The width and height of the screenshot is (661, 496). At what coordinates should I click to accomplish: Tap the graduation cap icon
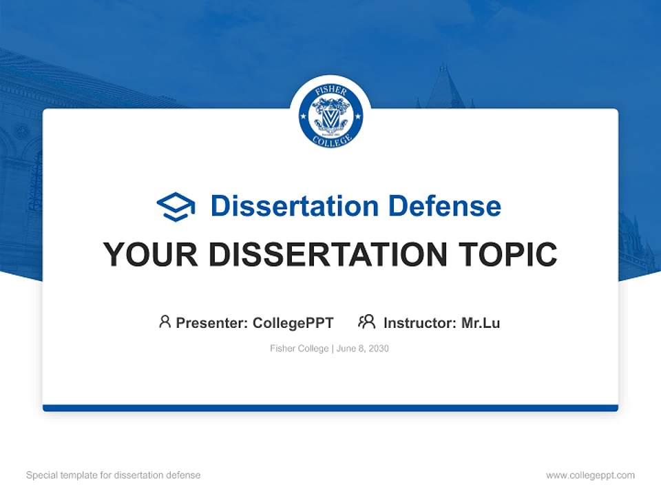(176, 206)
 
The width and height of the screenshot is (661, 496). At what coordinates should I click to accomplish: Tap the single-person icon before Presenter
(165, 322)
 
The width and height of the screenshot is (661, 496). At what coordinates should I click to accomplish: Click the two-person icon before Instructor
(366, 322)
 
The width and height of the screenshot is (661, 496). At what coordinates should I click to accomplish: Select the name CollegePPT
(293, 322)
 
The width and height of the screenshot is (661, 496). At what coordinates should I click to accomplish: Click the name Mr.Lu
(481, 322)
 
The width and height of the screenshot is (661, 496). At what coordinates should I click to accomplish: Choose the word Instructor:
(420, 322)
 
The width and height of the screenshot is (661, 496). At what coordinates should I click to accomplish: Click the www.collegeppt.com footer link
(590, 475)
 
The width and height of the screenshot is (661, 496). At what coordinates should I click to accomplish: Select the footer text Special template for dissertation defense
(114, 475)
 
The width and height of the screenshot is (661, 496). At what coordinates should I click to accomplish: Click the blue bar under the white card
(330, 408)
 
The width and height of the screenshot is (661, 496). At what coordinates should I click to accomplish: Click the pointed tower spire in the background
(444, 83)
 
